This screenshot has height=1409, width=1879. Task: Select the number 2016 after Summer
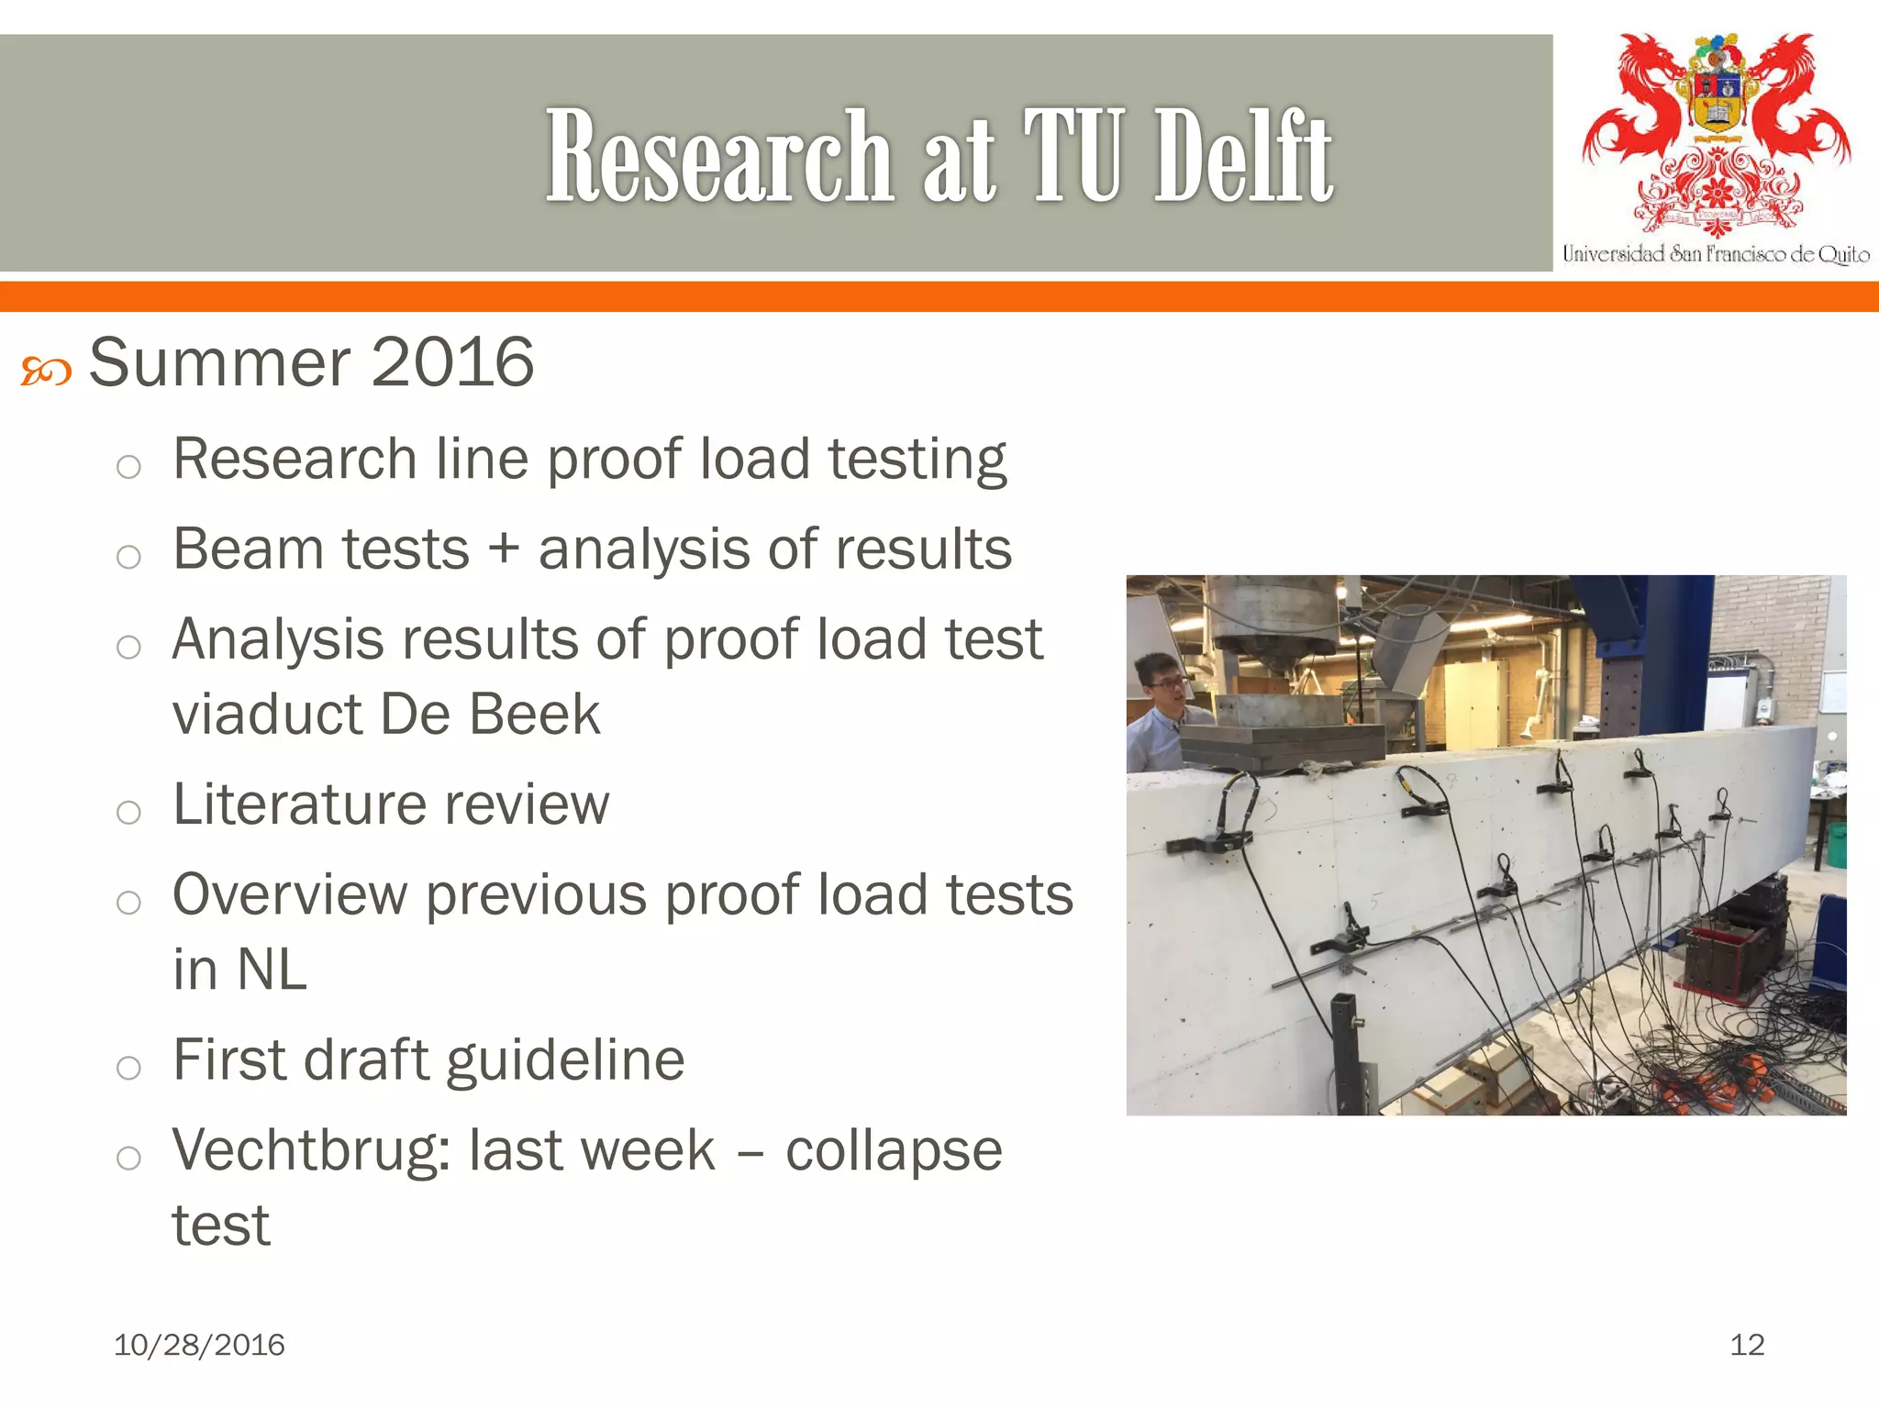(x=452, y=362)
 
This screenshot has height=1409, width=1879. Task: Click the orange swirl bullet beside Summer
(x=46, y=372)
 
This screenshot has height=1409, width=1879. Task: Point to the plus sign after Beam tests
(x=504, y=550)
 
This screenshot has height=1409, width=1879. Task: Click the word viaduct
(x=267, y=714)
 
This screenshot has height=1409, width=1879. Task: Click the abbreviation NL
(x=271, y=970)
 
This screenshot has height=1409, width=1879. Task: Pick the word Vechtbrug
(x=311, y=1150)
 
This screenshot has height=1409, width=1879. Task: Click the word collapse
(x=894, y=1150)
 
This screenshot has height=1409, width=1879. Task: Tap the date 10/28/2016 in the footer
(x=199, y=1345)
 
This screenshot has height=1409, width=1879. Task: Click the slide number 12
(x=1747, y=1345)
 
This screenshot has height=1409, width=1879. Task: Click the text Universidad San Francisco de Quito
(x=1716, y=254)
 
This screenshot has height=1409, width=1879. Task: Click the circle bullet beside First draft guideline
(x=128, y=1067)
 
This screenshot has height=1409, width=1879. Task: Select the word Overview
(x=290, y=894)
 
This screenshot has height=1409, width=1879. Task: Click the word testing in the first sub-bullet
(x=917, y=459)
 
